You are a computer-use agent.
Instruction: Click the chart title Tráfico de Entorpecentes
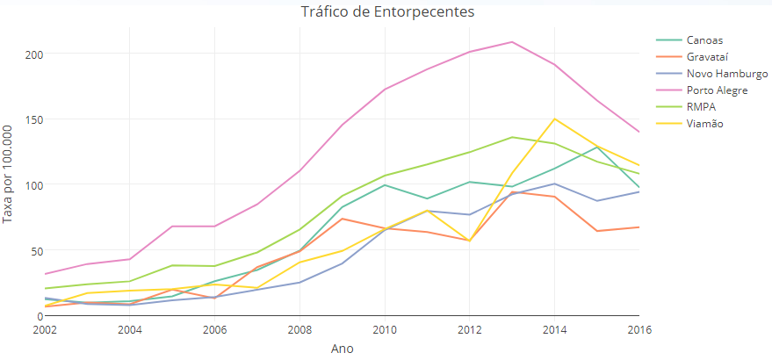tap(387, 12)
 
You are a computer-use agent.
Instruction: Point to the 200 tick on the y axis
tap(33, 54)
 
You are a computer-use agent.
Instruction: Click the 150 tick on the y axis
tap(33, 119)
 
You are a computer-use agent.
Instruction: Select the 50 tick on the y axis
tap(36, 250)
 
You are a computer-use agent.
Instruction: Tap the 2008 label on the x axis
tap(299, 330)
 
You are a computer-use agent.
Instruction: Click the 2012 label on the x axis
tap(469, 330)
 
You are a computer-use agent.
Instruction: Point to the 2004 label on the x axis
tap(130, 330)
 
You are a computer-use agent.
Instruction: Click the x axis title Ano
tap(342, 349)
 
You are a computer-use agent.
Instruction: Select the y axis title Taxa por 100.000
tap(9, 174)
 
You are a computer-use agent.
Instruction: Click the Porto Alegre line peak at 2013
tap(512, 42)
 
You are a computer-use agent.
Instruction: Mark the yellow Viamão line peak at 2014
tap(554, 119)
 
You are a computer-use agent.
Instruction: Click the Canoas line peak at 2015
tap(596, 147)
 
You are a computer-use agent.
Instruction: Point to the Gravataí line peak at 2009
tap(343, 219)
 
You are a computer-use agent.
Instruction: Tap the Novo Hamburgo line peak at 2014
tap(554, 184)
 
